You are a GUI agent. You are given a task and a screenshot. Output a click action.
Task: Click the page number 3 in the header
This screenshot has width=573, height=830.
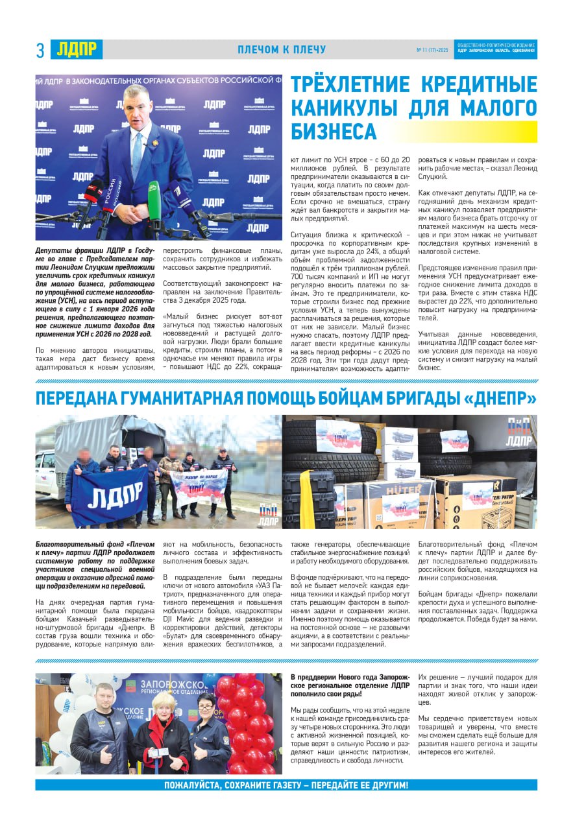(x=40, y=50)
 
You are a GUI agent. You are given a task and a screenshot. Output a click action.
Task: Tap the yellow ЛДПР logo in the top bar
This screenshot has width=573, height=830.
(x=77, y=49)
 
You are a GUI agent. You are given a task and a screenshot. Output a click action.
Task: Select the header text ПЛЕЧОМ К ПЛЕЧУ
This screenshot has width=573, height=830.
(x=282, y=50)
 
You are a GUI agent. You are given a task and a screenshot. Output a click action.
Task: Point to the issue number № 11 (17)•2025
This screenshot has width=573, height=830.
(x=432, y=50)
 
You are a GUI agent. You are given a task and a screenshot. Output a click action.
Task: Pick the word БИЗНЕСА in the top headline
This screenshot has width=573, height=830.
(x=334, y=132)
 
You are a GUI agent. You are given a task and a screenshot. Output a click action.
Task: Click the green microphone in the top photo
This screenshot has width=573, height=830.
(x=154, y=197)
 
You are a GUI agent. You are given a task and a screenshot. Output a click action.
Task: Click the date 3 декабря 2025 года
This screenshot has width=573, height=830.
(x=204, y=300)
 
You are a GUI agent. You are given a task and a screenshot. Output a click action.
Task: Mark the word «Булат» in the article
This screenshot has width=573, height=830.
(x=180, y=635)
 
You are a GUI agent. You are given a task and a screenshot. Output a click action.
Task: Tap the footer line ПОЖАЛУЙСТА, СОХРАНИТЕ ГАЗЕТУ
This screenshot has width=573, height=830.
(x=286, y=785)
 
